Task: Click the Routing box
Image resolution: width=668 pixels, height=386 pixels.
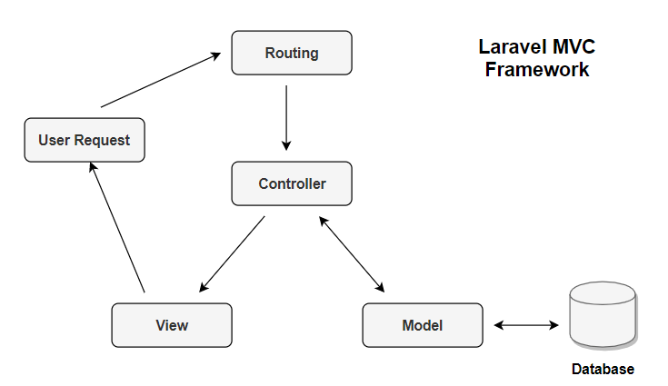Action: tap(291, 53)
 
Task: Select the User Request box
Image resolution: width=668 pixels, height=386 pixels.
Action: tap(84, 140)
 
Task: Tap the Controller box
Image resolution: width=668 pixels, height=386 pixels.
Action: tap(291, 183)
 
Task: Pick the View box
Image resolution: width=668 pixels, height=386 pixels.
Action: tap(171, 325)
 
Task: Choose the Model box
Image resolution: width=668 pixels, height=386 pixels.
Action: tap(422, 325)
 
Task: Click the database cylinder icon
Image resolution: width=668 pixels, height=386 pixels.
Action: tap(602, 314)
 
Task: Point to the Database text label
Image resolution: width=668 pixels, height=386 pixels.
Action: tap(602, 370)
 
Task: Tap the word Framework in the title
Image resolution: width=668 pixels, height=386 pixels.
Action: tap(536, 70)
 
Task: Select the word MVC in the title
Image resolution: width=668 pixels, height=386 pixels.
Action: tap(576, 47)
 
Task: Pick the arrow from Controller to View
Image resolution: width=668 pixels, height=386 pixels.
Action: tap(232, 253)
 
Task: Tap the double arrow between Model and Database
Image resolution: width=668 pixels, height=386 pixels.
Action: tap(526, 324)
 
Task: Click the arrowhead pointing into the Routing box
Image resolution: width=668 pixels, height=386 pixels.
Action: tap(216, 55)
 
